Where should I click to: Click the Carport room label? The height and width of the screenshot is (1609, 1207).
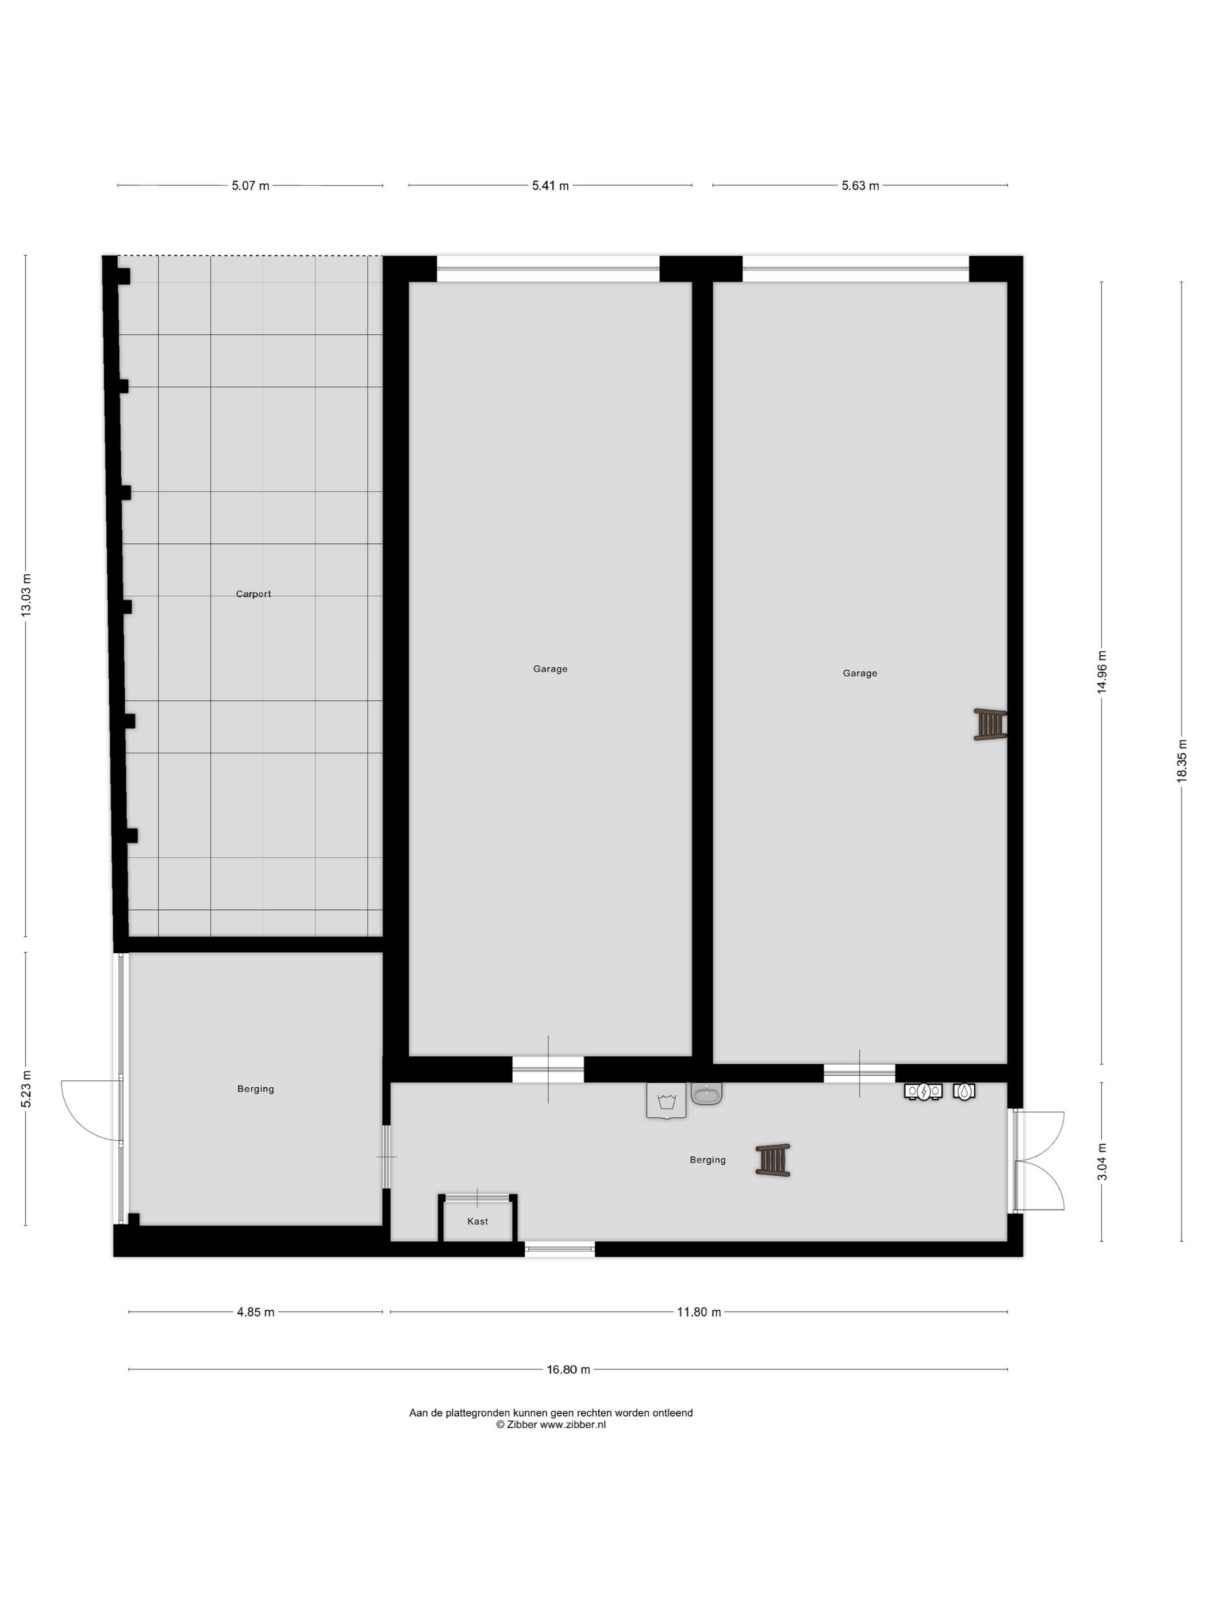pos(253,594)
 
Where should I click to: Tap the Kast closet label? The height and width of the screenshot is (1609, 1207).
pos(477,1221)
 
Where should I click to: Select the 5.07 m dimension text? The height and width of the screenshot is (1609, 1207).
pos(250,186)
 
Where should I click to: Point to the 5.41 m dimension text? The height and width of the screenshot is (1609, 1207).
pos(550,186)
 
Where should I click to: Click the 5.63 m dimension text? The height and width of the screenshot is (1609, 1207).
pos(860,186)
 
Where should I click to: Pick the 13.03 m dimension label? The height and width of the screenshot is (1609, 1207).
pos(26,595)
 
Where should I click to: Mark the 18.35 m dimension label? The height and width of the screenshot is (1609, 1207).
pos(1182,761)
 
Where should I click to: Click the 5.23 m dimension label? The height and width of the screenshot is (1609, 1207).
pos(26,1089)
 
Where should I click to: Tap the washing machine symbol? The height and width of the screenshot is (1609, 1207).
pos(666,1100)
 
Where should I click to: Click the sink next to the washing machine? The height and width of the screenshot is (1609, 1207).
pos(706,1094)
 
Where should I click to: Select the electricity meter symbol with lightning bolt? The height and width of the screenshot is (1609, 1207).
pos(923,1091)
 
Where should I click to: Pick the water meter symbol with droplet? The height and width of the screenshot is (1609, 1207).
pos(964,1091)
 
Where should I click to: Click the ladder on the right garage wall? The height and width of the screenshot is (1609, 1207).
pos(990,725)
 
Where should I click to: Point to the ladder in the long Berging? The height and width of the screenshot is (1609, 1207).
pos(772,1160)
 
